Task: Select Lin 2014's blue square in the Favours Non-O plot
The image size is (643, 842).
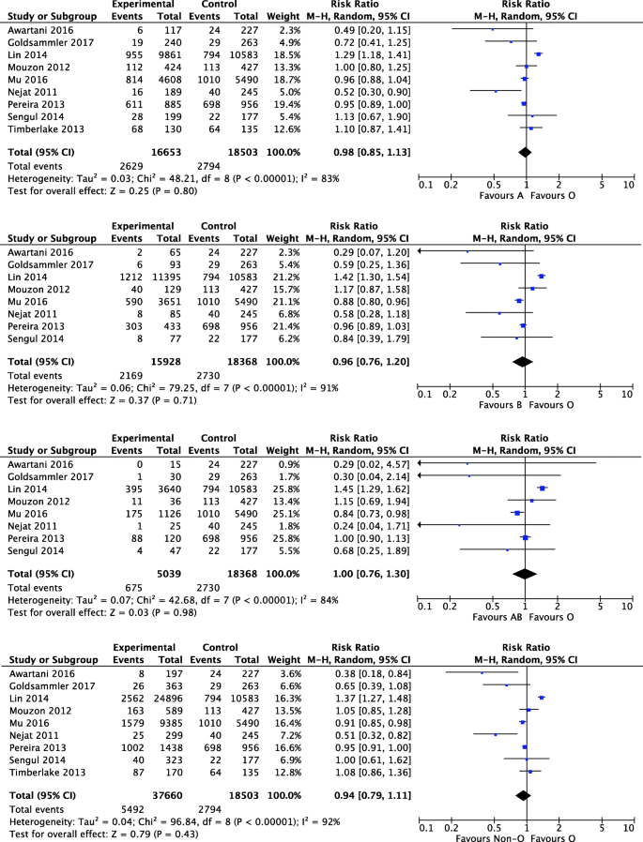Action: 543,698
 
